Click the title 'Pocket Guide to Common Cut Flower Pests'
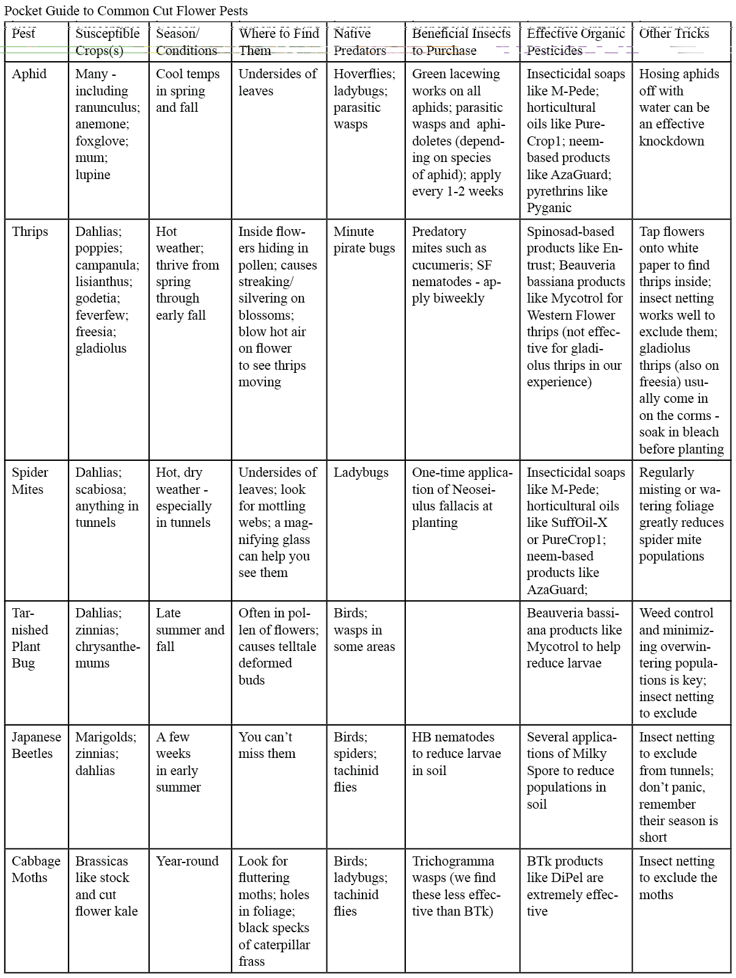[126, 11]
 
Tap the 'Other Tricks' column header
[674, 34]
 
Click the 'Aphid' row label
[29, 74]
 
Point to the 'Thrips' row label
[30, 232]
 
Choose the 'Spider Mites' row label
[30, 481]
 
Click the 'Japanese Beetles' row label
[36, 745]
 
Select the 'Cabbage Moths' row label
[36, 869]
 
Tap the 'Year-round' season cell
[187, 861]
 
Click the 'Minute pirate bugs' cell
[364, 240]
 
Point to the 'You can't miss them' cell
[267, 745]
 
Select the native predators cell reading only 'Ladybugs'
[361, 472]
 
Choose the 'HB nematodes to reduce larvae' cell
[456, 754]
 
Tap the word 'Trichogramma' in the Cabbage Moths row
[453, 861]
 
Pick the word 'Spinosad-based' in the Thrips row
[570, 232]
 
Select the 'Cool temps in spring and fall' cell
[188, 90]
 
